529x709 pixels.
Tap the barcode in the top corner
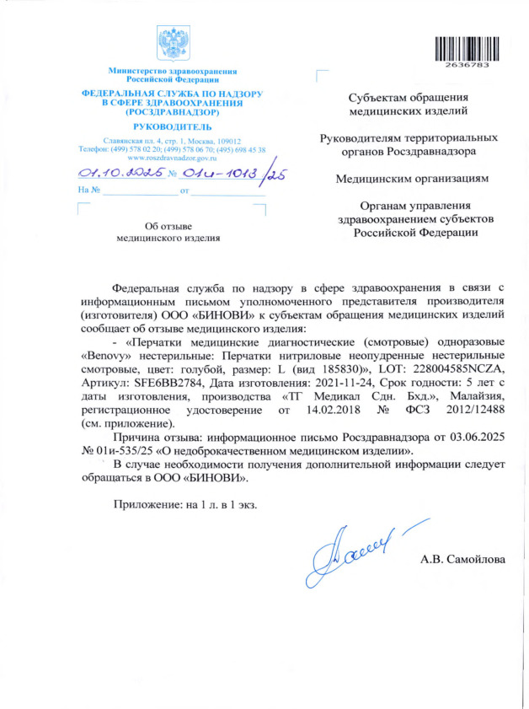click(463, 48)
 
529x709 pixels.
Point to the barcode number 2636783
click(463, 64)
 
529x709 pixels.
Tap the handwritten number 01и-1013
click(219, 174)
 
